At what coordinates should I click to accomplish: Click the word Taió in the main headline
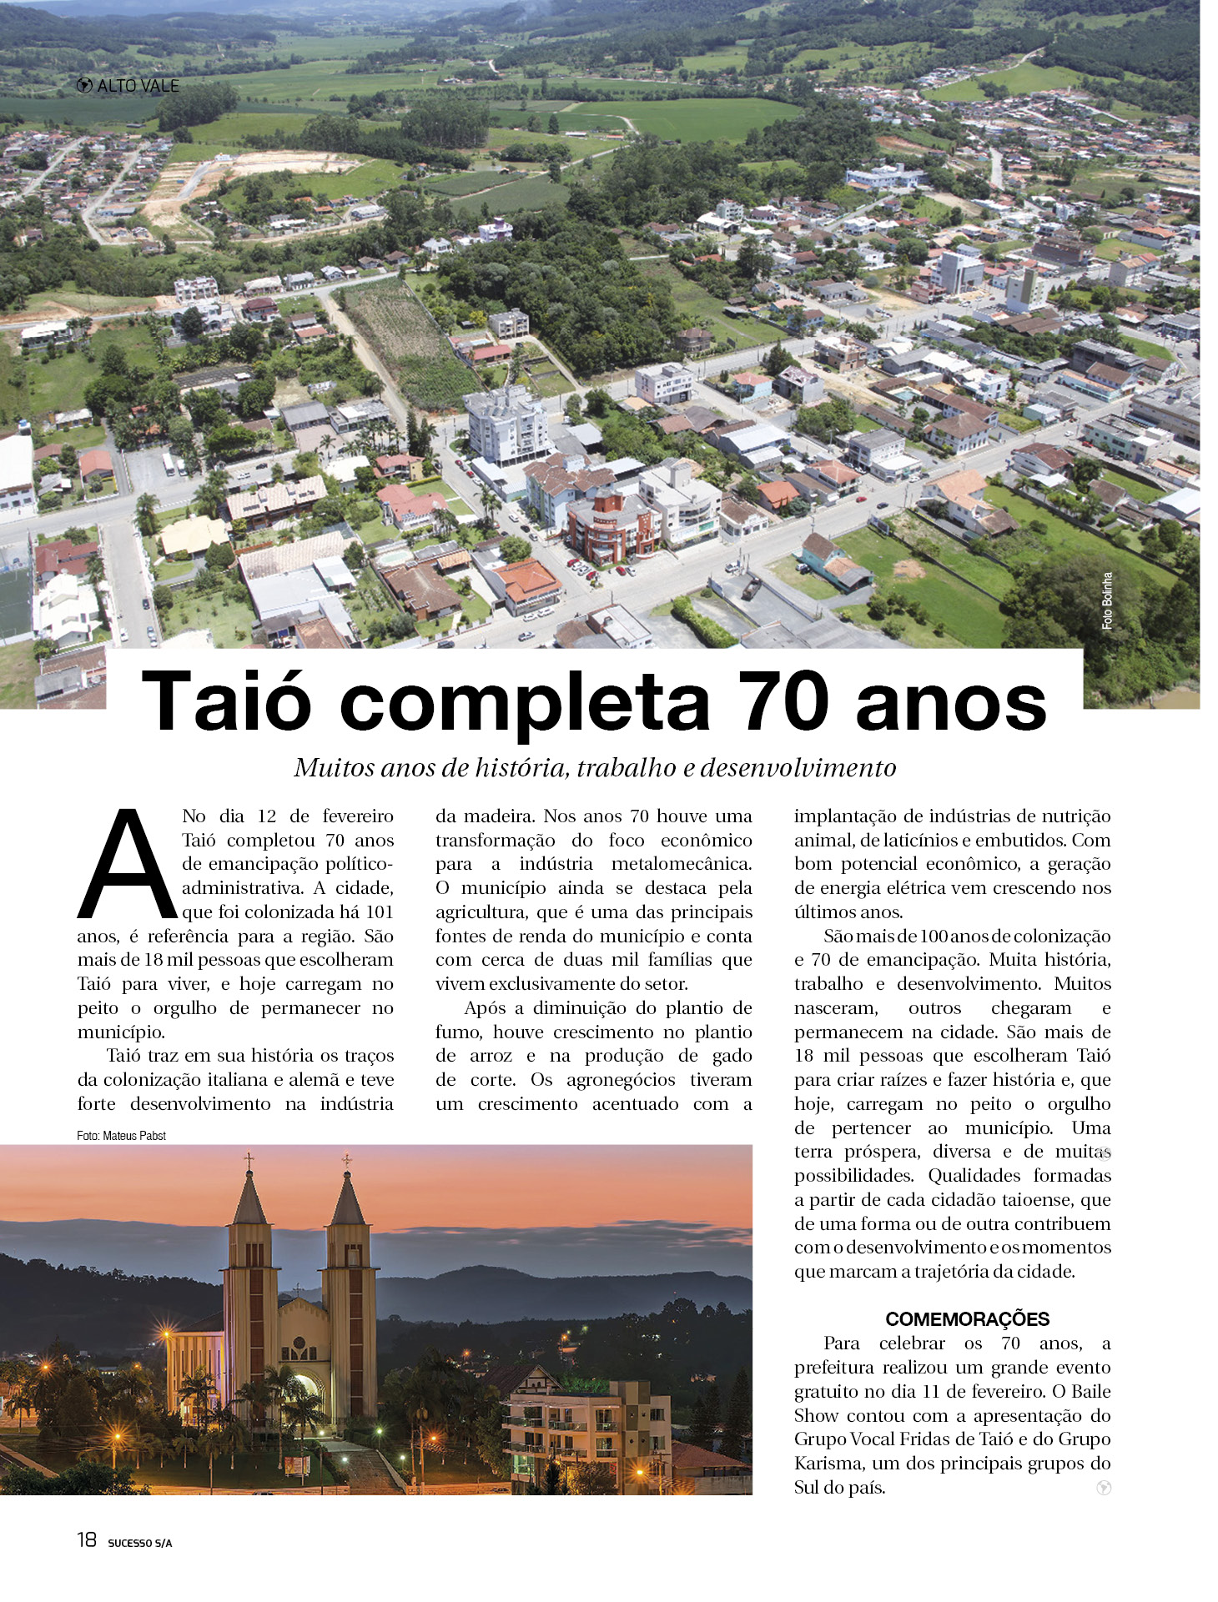coord(226,701)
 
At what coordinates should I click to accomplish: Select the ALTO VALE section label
coord(138,85)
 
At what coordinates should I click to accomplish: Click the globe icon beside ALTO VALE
coord(83,85)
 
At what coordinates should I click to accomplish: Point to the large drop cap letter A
coord(127,864)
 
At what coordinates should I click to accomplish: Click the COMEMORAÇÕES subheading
coord(967,1318)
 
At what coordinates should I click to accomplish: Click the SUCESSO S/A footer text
coord(139,1543)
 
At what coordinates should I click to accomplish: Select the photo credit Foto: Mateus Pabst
coord(121,1135)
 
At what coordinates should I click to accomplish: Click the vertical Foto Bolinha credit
coord(1107,600)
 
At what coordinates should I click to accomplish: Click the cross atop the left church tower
coord(248,1160)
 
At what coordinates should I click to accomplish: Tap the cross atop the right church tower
coord(346,1160)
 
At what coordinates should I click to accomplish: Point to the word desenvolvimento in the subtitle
coord(798,767)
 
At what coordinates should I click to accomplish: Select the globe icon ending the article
coord(1104,1488)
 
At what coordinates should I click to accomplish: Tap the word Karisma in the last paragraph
coord(826,1463)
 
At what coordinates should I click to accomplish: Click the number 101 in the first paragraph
coord(378,911)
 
